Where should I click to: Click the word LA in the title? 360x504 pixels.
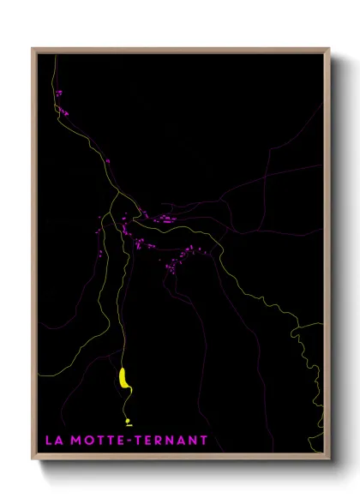pyautogui.click(x=53, y=441)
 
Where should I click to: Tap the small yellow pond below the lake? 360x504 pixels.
pyautogui.click(x=129, y=421)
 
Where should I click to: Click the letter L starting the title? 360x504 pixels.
pyautogui.click(x=48, y=441)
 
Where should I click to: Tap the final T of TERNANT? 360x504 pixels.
pyautogui.click(x=203, y=441)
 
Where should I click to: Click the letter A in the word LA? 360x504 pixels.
pyautogui.click(x=58, y=441)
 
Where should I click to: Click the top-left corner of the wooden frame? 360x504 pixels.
pyautogui.click(x=33, y=49)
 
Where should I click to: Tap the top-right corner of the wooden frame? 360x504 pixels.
pyautogui.click(x=329, y=49)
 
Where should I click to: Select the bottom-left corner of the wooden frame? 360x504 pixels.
pyautogui.click(x=33, y=459)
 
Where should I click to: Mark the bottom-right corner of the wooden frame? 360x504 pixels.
pyautogui.click(x=329, y=459)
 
